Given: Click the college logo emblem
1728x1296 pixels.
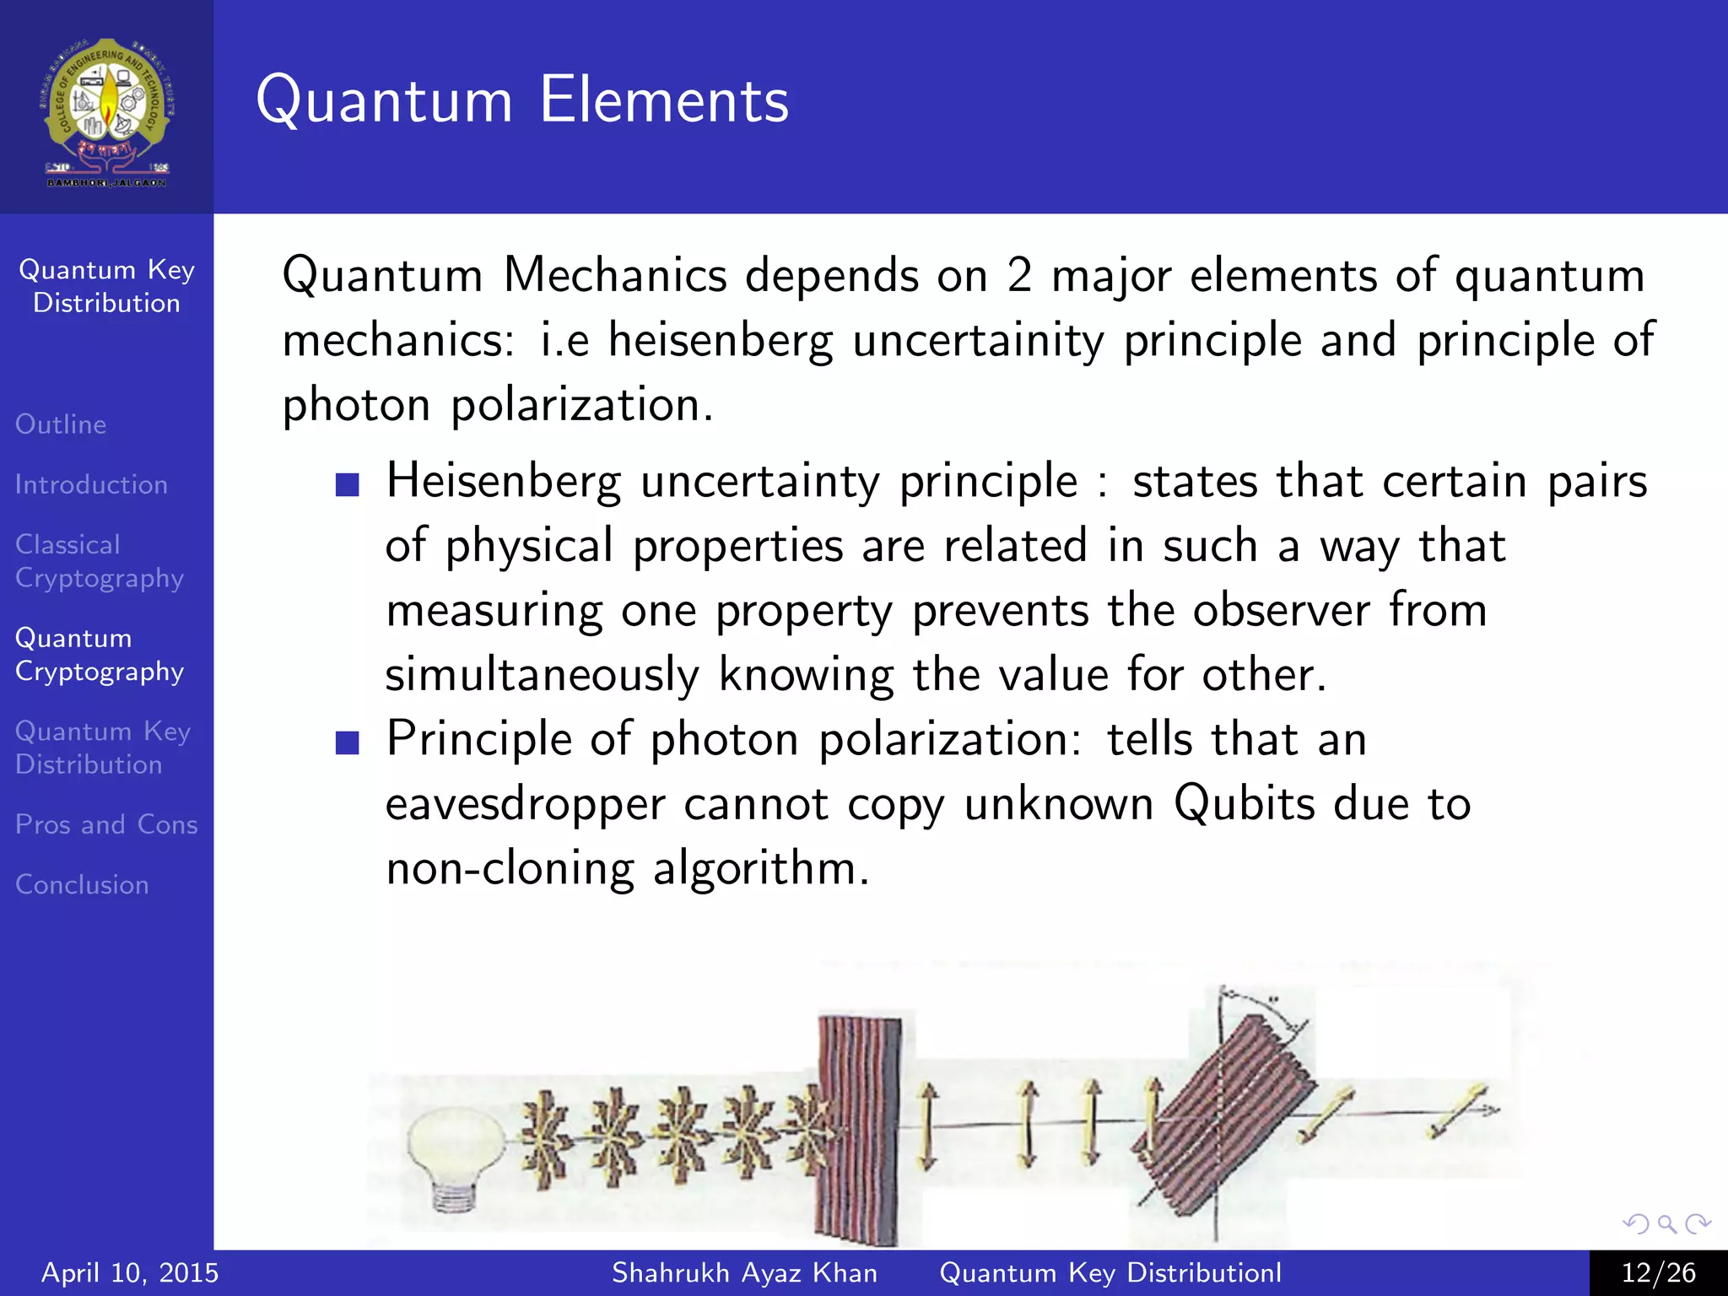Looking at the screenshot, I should (106, 110).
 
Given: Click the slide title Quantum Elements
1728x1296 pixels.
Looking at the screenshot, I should (522, 100).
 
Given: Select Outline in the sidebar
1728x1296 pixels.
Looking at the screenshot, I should (61, 424).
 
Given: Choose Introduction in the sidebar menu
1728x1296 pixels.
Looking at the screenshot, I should (91, 484).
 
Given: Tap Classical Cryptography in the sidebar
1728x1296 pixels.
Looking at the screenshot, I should (99, 561).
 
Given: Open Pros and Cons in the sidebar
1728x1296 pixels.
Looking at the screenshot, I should (106, 824).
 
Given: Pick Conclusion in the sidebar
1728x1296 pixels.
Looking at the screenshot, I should (82, 884).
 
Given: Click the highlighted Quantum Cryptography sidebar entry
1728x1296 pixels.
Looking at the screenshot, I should (99, 655).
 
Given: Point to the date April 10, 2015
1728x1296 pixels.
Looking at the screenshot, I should (130, 1272).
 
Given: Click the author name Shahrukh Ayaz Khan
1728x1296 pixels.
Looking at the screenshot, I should (744, 1272).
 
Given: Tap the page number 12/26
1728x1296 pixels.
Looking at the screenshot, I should (1658, 1272).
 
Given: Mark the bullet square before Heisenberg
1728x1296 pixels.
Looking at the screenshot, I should (348, 484).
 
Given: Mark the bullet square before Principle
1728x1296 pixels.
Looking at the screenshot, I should (348, 742).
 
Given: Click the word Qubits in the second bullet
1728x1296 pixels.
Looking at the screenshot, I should (1244, 803).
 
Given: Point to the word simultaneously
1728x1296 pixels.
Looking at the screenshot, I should (542, 675).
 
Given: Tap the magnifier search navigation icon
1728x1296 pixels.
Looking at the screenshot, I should (1666, 1223).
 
